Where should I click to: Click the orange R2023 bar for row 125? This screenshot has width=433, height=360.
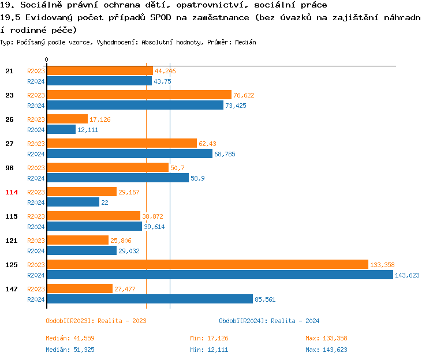[207, 264]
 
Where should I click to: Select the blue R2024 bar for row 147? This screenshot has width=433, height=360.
[150, 299]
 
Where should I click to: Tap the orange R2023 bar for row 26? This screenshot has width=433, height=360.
[67, 119]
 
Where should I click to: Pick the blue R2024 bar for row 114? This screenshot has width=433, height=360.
[73, 202]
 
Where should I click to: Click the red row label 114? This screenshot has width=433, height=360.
[12, 192]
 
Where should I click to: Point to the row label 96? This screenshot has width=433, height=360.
[9, 168]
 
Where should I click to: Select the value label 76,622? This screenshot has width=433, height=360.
[244, 95]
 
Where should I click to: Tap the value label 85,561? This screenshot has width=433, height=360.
[266, 299]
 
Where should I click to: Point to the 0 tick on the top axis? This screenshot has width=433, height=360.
[47, 59]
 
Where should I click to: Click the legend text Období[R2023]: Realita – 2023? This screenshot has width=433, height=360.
[96, 321]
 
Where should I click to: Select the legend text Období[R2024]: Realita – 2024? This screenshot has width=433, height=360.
[269, 321]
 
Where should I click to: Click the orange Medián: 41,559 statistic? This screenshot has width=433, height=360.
[69, 338]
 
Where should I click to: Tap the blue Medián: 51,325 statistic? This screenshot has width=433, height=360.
[69, 350]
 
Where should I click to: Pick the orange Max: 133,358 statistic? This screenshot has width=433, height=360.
[326, 338]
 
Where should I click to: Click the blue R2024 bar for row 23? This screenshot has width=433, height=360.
[135, 105]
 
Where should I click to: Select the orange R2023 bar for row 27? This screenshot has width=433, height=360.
[122, 143]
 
